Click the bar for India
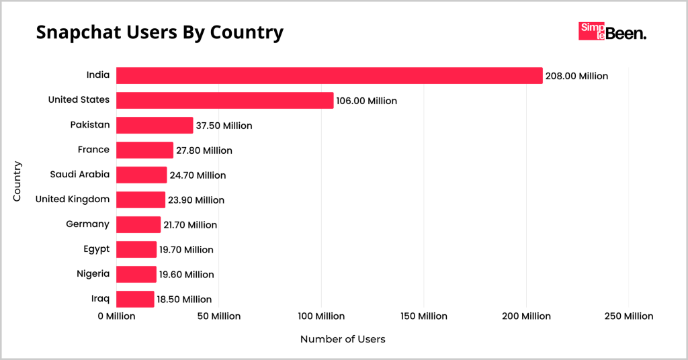pos(329,75)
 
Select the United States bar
pos(224,100)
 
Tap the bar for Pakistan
pos(155,125)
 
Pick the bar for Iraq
pos(135,299)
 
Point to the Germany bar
pos(138,224)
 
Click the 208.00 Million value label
pos(576,76)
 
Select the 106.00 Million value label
pos(367,101)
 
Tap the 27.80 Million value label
pos(204,150)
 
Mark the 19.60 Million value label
pos(187,274)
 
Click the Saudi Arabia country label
pos(79,175)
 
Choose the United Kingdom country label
pos(72,199)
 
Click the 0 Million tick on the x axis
pos(116,316)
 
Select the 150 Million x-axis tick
pos(423,316)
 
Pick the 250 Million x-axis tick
pos(628,316)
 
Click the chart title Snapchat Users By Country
pos(159,32)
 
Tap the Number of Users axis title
pos(343,339)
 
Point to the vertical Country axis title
pos(18,181)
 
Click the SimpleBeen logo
pos(612,32)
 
